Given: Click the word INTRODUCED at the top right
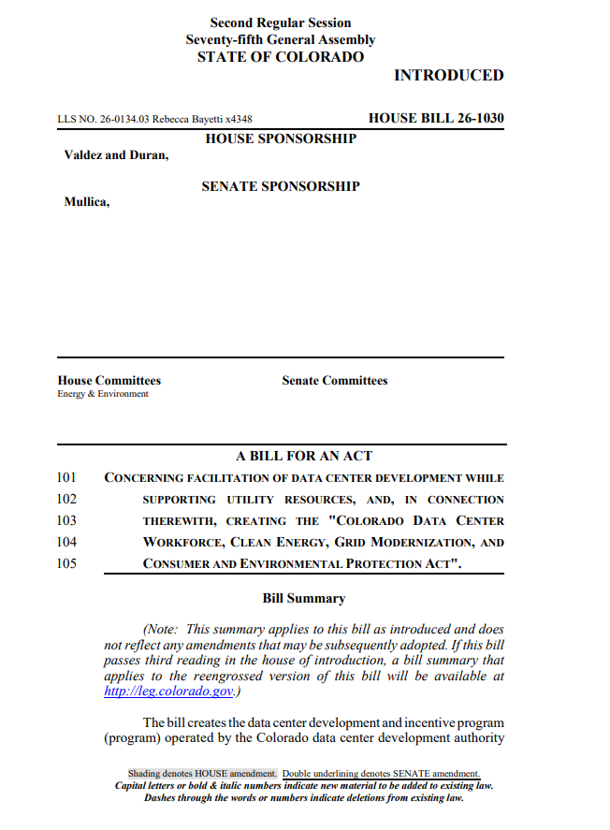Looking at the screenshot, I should (448, 76).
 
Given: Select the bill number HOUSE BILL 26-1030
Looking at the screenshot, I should (436, 119).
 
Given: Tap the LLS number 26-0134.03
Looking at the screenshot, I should (117, 120).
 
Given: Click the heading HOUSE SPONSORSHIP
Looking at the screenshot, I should (281, 139).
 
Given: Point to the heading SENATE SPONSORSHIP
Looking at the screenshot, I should (281, 186).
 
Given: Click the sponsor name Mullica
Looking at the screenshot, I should (86, 201).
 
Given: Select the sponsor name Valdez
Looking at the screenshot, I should (82, 155).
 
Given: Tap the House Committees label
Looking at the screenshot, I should (109, 381).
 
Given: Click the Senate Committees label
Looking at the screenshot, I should (334, 381).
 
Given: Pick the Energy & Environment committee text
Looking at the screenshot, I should (103, 394).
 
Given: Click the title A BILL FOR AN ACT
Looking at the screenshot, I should (304, 457).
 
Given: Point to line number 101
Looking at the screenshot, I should (66, 478).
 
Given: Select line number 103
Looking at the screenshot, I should (66, 521).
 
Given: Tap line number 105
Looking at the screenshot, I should (66, 564).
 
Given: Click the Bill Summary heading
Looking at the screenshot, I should (304, 599).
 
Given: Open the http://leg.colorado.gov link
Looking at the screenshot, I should (168, 692).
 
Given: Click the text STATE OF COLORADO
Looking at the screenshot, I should (281, 57).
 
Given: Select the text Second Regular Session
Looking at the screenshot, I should (281, 22).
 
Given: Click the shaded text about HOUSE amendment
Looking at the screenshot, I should (202, 774).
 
